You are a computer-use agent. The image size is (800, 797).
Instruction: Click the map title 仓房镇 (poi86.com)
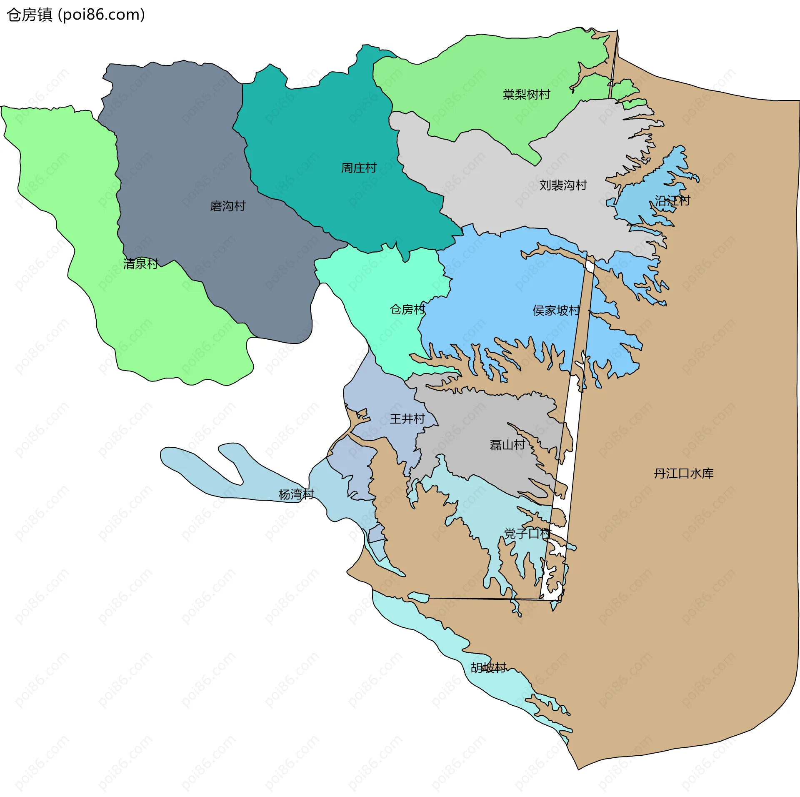(76, 15)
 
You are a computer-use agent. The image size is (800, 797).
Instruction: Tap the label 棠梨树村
(526, 95)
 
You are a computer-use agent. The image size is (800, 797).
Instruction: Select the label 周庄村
(359, 168)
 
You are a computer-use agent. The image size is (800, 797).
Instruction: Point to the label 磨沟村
(228, 206)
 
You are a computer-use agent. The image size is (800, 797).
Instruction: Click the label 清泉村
(141, 264)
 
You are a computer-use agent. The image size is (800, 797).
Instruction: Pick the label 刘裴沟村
(563, 185)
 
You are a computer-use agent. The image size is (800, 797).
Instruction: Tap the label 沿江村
(672, 201)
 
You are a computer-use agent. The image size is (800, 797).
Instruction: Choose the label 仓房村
(407, 309)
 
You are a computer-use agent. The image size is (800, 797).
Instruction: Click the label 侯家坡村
(556, 311)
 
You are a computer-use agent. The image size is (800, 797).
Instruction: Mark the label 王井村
(407, 419)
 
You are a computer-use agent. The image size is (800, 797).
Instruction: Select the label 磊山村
(507, 445)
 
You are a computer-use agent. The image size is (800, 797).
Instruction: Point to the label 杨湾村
(296, 494)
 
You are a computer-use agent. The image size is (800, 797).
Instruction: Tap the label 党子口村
(527, 533)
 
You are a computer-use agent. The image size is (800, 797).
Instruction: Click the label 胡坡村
(488, 667)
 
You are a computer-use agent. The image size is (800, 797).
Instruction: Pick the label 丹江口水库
(683, 474)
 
